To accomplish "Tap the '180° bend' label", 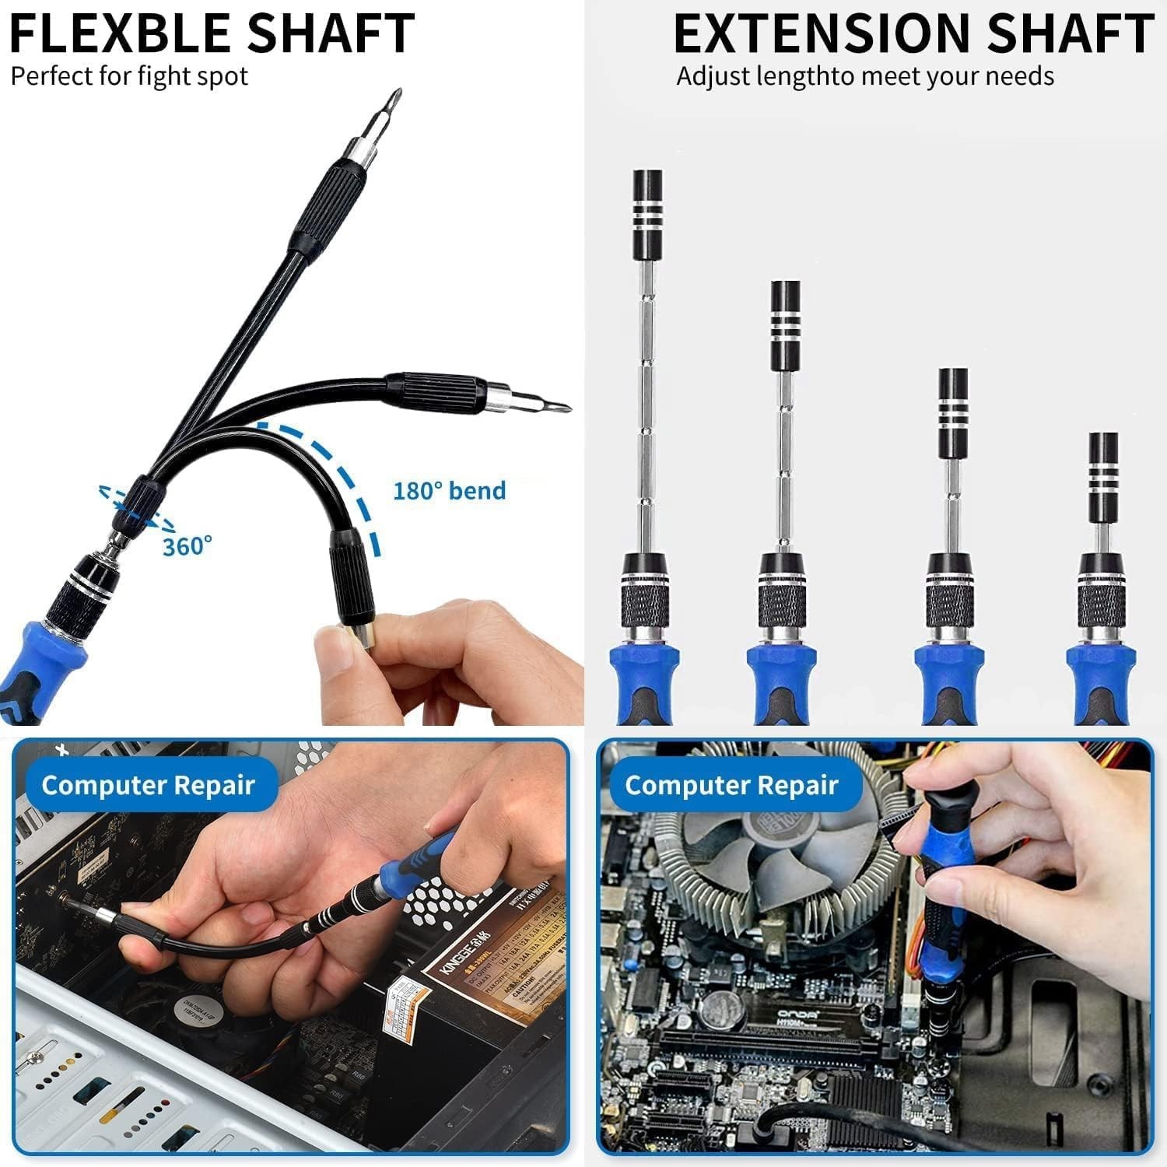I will pyautogui.click(x=449, y=491).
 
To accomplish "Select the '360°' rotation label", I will pyautogui.click(x=187, y=546).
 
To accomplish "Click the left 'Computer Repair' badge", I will pyautogui.click(x=148, y=785).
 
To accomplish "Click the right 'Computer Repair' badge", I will pyautogui.click(x=731, y=785).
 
